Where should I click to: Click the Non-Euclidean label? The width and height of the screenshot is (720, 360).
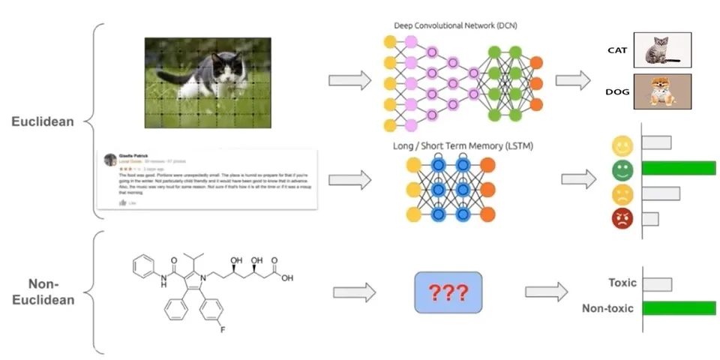[x=46, y=292]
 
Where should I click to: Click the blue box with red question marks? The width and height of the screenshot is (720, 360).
[x=448, y=292]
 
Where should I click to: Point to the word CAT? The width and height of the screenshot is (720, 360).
[x=616, y=52]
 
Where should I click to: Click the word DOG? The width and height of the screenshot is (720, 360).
[x=616, y=92]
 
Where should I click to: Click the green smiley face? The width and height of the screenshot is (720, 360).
[x=622, y=169]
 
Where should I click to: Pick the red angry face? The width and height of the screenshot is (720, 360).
[x=622, y=219]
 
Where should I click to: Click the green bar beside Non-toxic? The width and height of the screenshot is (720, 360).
[x=679, y=308]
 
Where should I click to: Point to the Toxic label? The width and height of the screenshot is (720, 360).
[x=622, y=283]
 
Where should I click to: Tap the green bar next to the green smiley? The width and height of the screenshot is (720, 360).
[x=679, y=169]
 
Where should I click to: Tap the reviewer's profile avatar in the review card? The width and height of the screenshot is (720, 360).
[x=110, y=158]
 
